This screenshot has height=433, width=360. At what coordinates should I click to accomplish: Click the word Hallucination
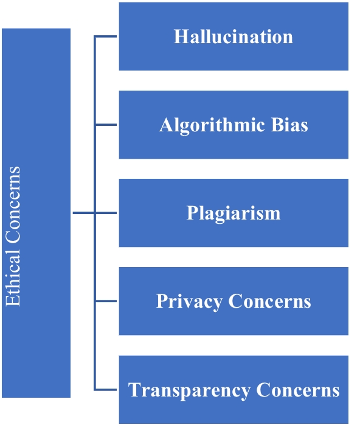[x=234, y=36]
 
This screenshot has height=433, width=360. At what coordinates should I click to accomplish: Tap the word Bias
[x=291, y=125]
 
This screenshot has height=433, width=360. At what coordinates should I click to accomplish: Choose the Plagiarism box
[x=234, y=213]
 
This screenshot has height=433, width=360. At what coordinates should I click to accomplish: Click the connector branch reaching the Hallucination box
[x=106, y=36]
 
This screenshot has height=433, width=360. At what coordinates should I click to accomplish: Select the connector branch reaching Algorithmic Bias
[x=106, y=125]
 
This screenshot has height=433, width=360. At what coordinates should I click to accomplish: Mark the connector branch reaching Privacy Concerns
[x=106, y=302]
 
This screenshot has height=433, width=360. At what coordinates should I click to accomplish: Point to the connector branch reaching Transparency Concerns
[x=106, y=390]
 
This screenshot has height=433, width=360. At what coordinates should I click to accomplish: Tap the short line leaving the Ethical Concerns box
[x=83, y=213]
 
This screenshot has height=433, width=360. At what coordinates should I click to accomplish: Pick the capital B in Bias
[x=279, y=125]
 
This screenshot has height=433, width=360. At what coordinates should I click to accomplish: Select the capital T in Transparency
[x=134, y=390]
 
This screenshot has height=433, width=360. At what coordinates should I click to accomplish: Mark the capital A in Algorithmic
[x=165, y=125]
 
